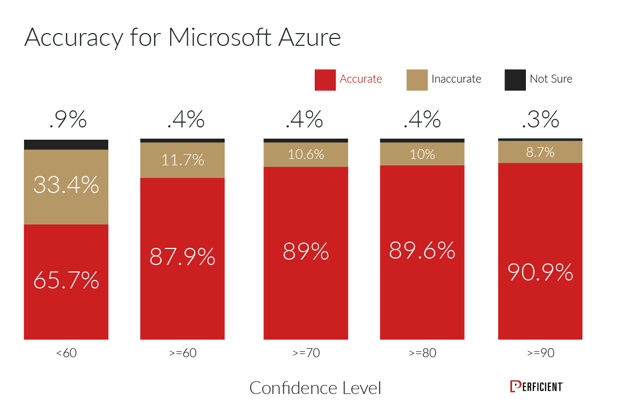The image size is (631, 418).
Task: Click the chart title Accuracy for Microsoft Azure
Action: [x=182, y=38]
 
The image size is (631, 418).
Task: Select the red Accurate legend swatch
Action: [x=325, y=79]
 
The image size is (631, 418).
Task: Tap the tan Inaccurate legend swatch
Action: [x=417, y=79]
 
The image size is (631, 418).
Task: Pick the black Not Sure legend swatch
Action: [x=515, y=79]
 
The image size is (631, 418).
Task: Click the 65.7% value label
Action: [x=66, y=280]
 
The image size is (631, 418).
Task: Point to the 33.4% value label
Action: [x=66, y=185]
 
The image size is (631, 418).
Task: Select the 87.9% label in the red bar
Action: [x=182, y=257]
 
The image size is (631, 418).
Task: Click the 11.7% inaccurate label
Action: [x=182, y=159]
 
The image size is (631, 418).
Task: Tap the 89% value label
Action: [x=306, y=251]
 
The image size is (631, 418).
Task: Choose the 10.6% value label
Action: [x=306, y=155]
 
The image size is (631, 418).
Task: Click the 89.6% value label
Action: [x=422, y=250]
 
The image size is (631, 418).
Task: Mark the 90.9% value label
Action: [x=540, y=272]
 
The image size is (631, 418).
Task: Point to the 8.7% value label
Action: [x=540, y=152]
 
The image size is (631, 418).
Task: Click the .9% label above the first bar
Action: [x=67, y=120]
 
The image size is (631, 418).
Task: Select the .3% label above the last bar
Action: [x=540, y=120]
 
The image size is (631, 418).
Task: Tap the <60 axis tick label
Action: [x=66, y=353]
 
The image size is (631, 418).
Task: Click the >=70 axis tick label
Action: [x=306, y=353]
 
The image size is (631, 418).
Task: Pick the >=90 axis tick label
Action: [x=540, y=353]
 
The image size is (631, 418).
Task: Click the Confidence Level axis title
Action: [x=315, y=388]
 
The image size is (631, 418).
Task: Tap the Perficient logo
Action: [x=536, y=387]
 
